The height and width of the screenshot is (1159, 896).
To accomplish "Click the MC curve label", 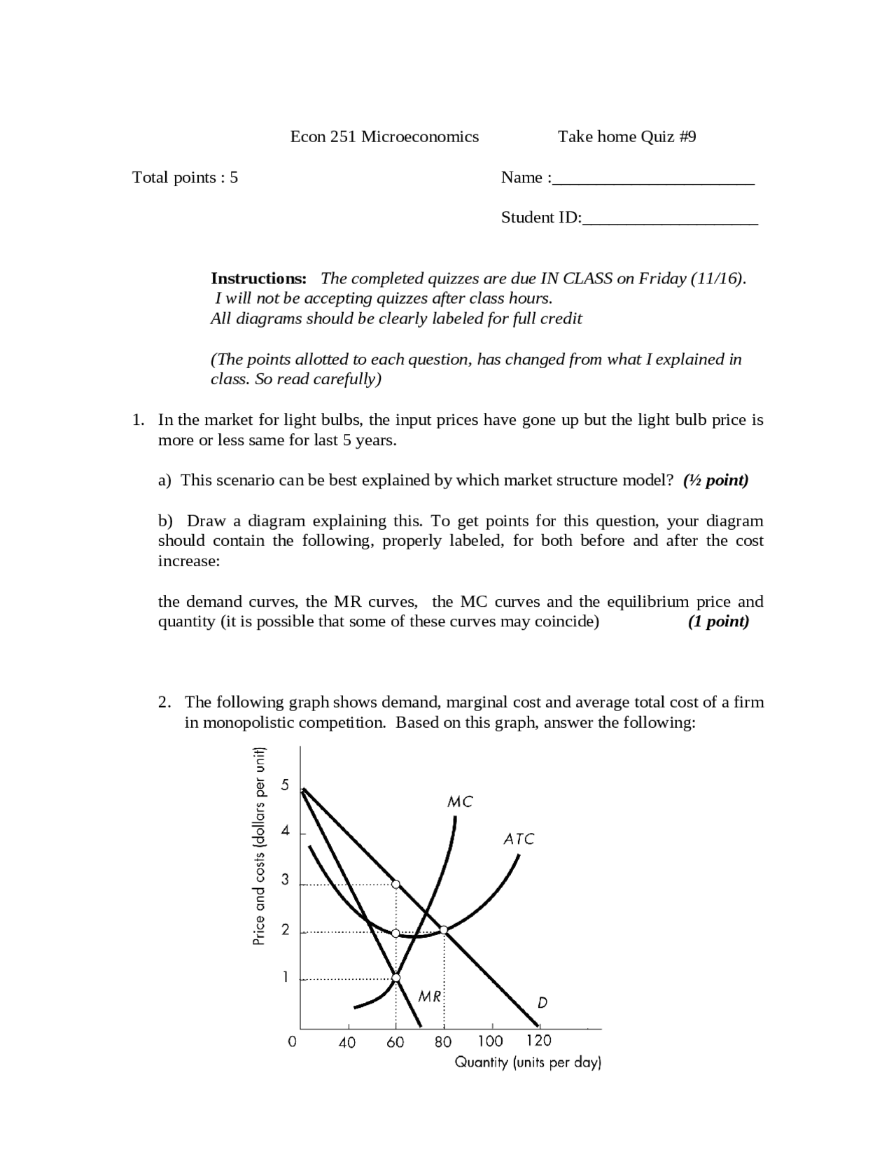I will tap(460, 802).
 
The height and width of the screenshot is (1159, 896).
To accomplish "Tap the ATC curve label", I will tap(519, 838).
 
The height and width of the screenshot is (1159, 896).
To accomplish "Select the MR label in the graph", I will tap(429, 996).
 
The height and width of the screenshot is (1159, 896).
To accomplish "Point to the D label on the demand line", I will tap(542, 1003).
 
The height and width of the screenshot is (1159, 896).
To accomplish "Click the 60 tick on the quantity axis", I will tap(395, 1042).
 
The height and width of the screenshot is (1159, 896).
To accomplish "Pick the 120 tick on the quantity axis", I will tap(538, 1041).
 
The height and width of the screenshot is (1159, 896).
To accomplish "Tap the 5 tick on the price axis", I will tap(285, 785).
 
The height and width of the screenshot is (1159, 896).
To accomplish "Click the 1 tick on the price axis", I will tap(285, 977).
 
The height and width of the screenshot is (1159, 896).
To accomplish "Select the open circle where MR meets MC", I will tap(395, 978).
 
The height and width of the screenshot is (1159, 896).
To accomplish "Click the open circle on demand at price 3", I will tap(395, 885).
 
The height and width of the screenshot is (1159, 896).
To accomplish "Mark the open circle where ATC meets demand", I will tap(443, 929).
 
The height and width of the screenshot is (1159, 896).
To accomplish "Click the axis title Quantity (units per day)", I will tap(528, 1062).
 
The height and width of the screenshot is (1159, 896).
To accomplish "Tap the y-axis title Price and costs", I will tap(259, 847).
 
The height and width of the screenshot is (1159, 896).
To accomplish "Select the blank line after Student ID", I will tap(670, 219).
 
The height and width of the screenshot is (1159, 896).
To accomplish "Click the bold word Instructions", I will tap(258, 279).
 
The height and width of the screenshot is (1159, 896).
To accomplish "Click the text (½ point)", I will tap(715, 480).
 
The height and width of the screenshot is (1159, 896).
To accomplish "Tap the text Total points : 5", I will tap(185, 177).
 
